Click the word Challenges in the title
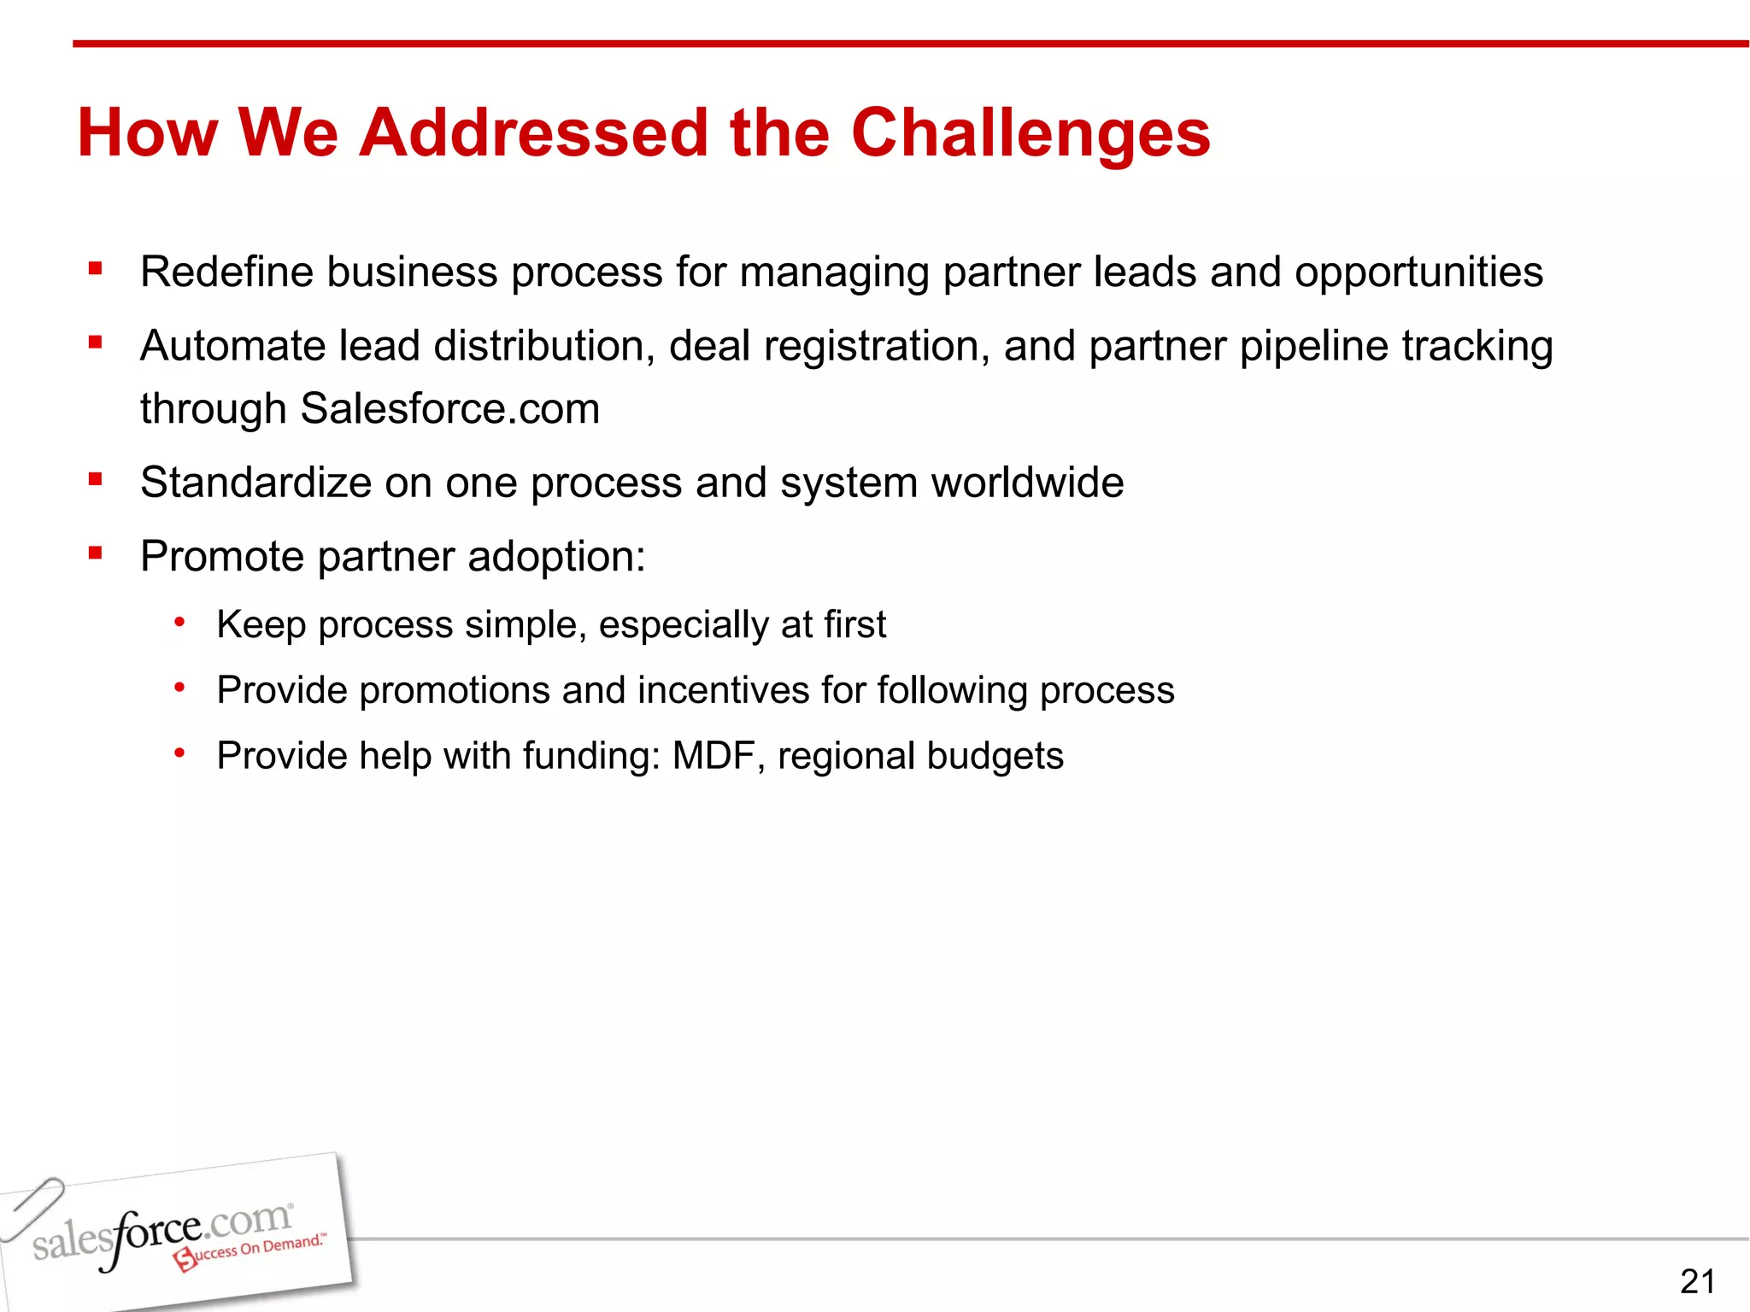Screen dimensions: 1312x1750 click(x=1031, y=134)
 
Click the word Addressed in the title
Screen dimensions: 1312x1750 click(x=533, y=134)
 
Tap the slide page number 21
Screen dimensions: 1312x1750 click(x=1697, y=1281)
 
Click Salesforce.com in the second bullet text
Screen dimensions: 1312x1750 click(x=449, y=408)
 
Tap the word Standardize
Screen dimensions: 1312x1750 click(x=255, y=483)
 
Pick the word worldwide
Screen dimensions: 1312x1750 click(x=1027, y=483)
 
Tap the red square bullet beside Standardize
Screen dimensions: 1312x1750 click(x=95, y=479)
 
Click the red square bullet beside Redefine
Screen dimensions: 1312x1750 click(x=95, y=269)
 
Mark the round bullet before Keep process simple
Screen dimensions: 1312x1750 click(x=179, y=622)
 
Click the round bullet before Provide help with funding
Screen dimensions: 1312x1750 click(x=179, y=753)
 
